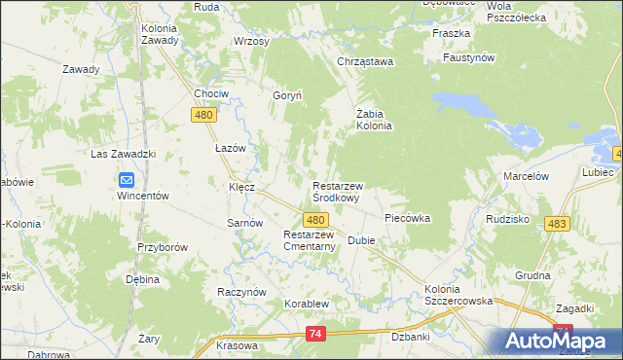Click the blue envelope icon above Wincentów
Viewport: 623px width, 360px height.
(127, 179)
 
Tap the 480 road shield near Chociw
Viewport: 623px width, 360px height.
(202, 115)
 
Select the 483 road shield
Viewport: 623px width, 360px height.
(557, 224)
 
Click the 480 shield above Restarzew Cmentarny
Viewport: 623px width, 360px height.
(313, 221)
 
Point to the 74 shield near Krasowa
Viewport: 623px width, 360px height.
(313, 334)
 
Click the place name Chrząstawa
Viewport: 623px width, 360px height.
(364, 62)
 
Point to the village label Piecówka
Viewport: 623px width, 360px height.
(407, 218)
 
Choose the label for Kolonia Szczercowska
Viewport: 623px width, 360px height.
(458, 296)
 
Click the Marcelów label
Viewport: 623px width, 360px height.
(526, 176)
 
